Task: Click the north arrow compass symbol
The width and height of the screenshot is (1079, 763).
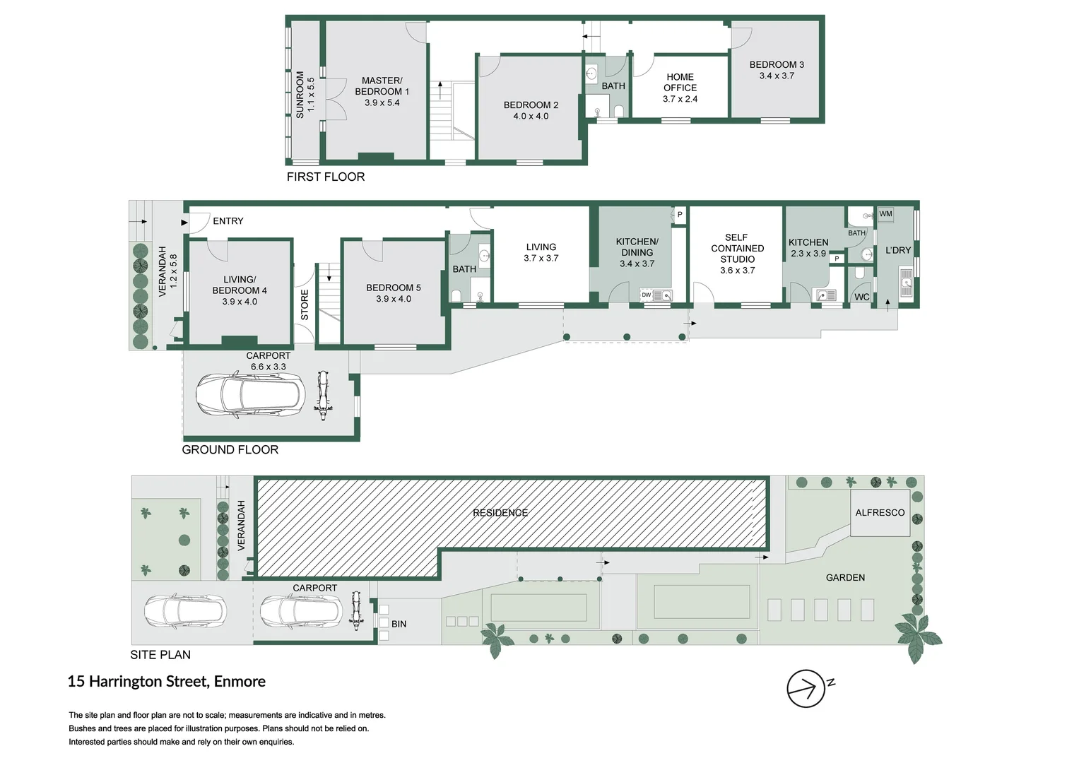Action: tap(806, 688)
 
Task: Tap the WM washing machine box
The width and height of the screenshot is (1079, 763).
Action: tap(885, 214)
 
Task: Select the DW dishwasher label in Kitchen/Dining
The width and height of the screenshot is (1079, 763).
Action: tap(646, 295)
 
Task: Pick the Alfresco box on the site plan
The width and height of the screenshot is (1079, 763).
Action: tap(880, 513)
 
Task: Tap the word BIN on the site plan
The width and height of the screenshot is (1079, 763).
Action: tap(399, 624)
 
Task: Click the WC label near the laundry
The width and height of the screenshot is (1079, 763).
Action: tap(862, 297)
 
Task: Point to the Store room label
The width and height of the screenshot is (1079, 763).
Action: tap(305, 304)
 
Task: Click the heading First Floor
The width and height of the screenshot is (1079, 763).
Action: tap(326, 177)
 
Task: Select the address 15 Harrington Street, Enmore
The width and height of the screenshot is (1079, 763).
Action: tap(167, 682)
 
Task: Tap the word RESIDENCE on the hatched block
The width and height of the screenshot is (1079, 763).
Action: tap(500, 513)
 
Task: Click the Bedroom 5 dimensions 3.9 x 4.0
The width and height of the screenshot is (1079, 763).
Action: tap(394, 299)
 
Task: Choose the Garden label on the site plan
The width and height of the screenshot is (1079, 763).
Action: tap(845, 578)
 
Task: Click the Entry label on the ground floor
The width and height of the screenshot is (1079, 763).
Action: tap(228, 221)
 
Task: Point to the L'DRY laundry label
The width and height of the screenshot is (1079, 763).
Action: tap(898, 250)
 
